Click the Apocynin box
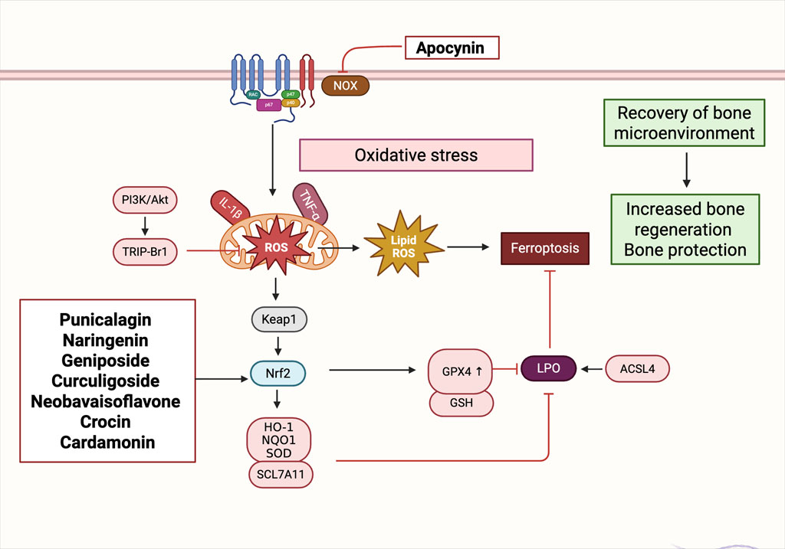[x=452, y=47]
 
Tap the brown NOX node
[x=346, y=86]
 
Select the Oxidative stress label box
[x=416, y=155]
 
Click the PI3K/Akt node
[x=145, y=200]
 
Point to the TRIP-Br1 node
[x=145, y=251]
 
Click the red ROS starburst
[x=276, y=247]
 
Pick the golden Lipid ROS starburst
[x=403, y=245]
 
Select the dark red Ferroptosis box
[x=545, y=248]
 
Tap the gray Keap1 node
[x=279, y=319]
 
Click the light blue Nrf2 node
[x=278, y=374]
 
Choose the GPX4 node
[x=461, y=371]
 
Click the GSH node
[x=461, y=403]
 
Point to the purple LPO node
[x=549, y=368]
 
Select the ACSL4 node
[x=637, y=369]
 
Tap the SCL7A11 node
[x=281, y=475]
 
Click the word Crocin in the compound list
[x=106, y=422]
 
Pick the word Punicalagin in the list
[x=106, y=320]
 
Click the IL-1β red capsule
[x=230, y=208]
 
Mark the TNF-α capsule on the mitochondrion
[x=310, y=204]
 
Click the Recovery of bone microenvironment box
[x=685, y=123]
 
